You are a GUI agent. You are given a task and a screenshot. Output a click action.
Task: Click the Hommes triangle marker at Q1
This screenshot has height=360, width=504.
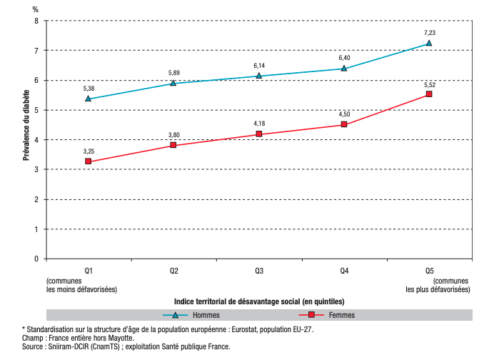(x=88, y=99)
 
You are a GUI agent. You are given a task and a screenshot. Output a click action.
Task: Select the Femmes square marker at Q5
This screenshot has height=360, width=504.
(x=429, y=94)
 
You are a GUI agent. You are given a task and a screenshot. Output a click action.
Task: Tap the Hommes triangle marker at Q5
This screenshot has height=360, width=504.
(x=429, y=43)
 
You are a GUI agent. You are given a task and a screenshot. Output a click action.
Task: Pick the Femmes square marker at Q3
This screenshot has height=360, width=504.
(x=259, y=134)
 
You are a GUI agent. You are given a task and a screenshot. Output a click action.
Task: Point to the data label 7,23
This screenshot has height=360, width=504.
(x=429, y=32)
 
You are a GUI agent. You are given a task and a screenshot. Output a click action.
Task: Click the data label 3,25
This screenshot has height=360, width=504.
(x=89, y=151)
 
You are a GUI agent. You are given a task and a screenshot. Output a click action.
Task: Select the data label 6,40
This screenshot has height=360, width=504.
(x=344, y=57)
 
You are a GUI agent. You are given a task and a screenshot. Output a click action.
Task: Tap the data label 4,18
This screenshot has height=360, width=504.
(x=259, y=124)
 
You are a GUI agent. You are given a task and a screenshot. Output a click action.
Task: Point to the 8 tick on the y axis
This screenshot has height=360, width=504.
(x=37, y=21)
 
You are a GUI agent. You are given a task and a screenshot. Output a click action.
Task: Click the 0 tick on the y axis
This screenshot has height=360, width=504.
(x=37, y=259)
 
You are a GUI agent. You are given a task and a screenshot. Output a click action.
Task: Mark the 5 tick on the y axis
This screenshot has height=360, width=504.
(x=37, y=110)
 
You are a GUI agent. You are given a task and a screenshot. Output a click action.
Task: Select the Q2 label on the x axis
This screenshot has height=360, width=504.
(x=173, y=271)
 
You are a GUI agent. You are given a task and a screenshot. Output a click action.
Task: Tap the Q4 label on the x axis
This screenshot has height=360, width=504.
(x=344, y=271)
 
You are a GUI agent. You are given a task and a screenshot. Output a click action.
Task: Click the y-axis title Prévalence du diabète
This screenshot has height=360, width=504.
(x=26, y=125)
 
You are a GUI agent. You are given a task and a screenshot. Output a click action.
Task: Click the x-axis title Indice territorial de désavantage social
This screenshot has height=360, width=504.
(x=258, y=302)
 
